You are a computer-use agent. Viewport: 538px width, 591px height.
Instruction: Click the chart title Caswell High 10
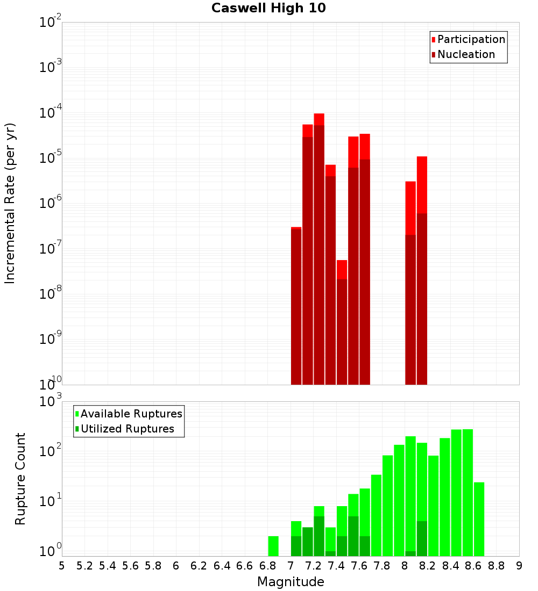point(268,8)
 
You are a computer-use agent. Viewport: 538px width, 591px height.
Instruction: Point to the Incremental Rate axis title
point(10,203)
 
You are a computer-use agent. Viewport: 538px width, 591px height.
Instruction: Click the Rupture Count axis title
point(20,479)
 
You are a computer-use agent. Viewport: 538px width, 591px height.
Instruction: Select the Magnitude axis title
point(291,582)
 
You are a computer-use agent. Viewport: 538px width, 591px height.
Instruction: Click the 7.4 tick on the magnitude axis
point(336,566)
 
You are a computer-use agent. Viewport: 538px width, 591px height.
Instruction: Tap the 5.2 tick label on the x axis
point(84,566)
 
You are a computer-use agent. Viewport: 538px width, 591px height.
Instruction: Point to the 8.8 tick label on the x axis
point(496,566)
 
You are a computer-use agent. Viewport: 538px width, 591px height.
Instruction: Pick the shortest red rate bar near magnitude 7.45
point(342,322)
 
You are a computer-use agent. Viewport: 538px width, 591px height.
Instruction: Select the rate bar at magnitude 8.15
point(422,269)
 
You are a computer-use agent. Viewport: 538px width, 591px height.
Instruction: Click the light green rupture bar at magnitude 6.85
point(273,546)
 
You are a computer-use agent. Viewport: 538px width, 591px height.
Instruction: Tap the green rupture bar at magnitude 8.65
point(479,519)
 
